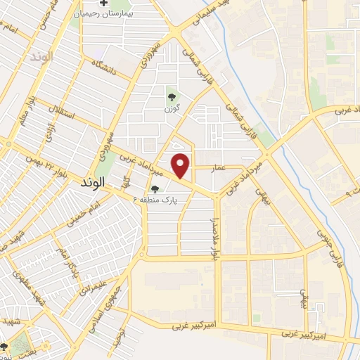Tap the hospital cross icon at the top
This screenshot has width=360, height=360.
tap(105, 4)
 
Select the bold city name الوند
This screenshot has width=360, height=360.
tap(89, 181)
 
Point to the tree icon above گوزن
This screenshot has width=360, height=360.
tap(171, 97)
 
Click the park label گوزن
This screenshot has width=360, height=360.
tap(171, 110)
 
